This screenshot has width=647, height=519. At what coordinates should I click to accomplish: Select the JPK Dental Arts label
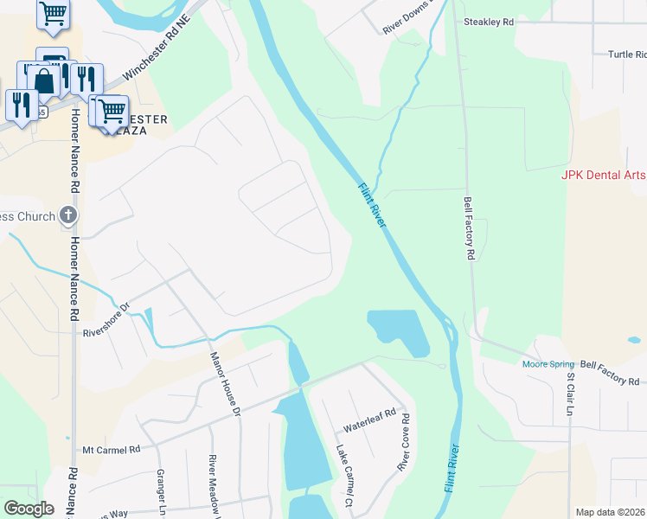(603, 175)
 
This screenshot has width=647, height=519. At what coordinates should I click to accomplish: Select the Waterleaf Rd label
(368, 420)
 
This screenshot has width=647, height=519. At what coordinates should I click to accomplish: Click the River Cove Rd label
(403, 442)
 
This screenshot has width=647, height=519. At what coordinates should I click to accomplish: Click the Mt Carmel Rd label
(112, 450)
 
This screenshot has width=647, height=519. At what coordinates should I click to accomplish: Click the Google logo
(28, 509)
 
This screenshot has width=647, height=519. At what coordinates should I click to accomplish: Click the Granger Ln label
(160, 490)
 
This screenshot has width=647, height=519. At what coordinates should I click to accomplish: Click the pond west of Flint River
(400, 331)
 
